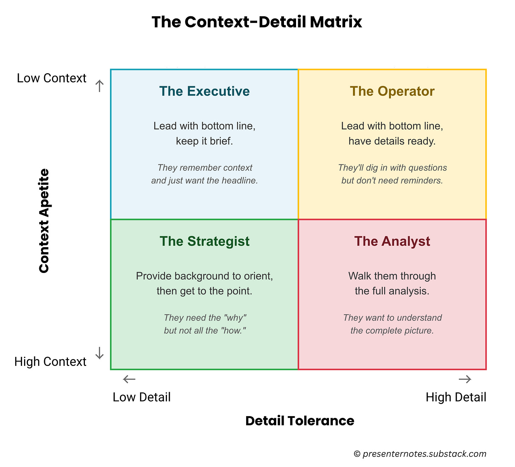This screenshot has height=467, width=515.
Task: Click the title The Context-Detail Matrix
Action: pos(257,22)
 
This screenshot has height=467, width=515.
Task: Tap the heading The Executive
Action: pos(204,91)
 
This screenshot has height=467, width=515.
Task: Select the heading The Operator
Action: pos(392,91)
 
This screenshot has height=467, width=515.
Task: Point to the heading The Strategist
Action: pos(204,241)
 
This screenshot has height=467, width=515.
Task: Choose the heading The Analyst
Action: pos(392,241)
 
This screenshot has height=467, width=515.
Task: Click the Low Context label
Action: pos(52,78)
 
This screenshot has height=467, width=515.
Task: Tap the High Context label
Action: pos(50,362)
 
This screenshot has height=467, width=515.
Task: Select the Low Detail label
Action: pos(141,397)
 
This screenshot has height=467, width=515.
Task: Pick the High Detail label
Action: pos(456,397)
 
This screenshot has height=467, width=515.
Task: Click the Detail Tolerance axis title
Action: pos(300,421)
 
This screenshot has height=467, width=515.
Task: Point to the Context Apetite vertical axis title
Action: pos(44,221)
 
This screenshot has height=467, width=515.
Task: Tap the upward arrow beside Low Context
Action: pos(99,86)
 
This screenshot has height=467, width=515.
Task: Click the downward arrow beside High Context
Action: pos(99,353)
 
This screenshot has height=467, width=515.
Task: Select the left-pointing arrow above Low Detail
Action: pos(129,379)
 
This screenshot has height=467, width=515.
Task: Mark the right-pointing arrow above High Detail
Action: pos(465,379)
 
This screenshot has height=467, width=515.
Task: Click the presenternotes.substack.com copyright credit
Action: pos(420,454)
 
